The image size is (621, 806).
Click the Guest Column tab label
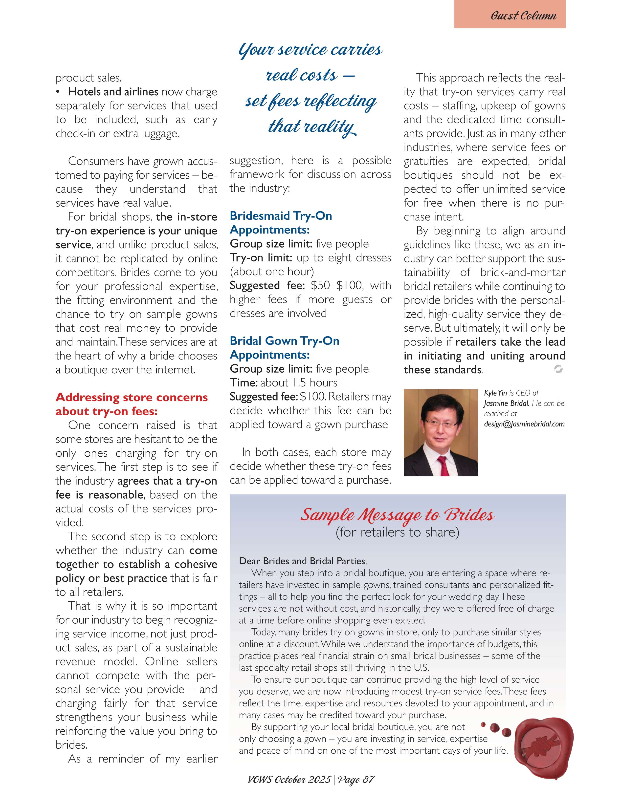(x=523, y=16)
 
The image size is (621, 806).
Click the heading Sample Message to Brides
(x=397, y=515)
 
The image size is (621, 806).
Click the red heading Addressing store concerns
(x=132, y=398)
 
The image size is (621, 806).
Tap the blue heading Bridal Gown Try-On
(x=285, y=341)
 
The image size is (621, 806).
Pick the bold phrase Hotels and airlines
(x=113, y=91)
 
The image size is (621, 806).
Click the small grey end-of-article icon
(x=558, y=369)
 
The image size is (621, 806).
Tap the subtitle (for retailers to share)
(x=397, y=532)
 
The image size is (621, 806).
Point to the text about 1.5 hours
(x=299, y=383)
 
